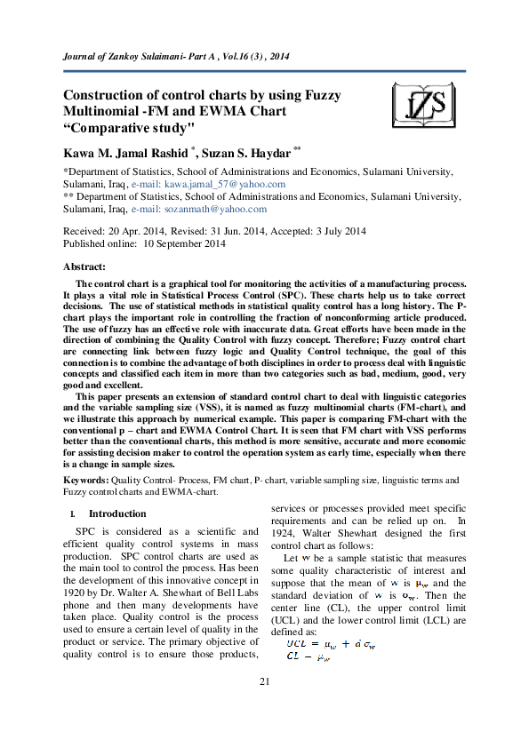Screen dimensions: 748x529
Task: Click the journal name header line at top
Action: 177,57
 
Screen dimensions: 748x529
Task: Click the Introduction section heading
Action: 123,513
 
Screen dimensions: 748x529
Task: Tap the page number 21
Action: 264,705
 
